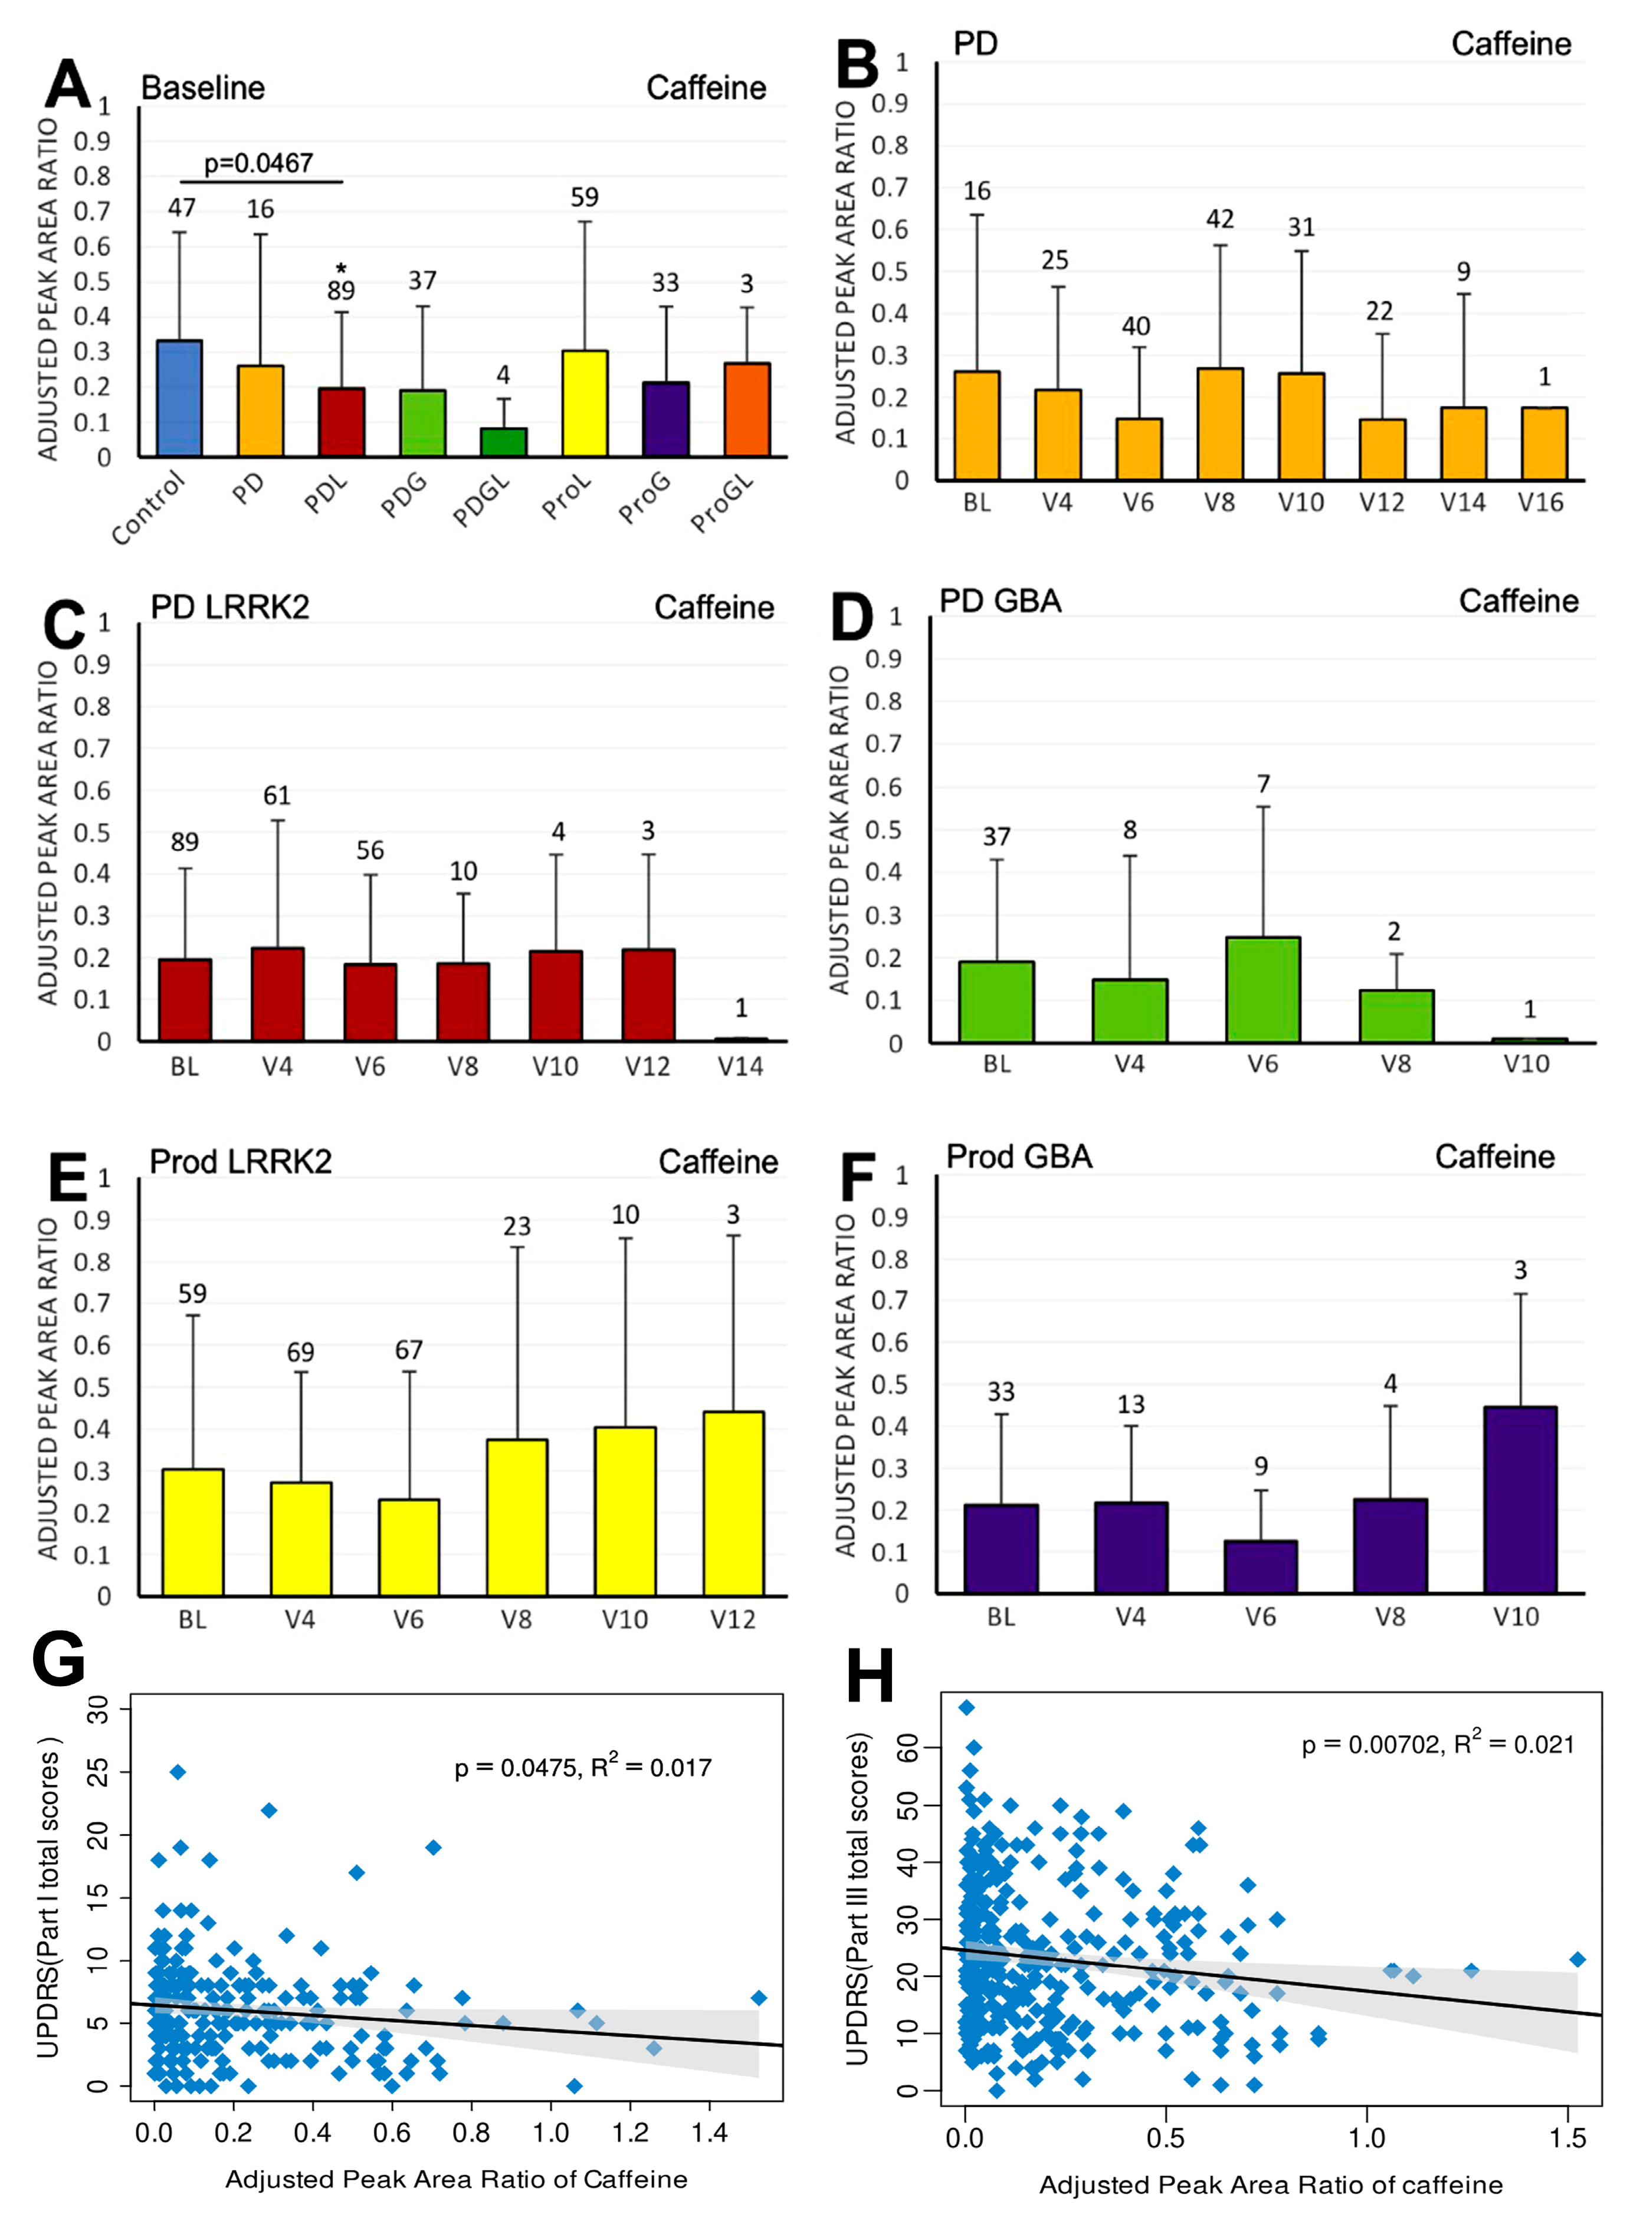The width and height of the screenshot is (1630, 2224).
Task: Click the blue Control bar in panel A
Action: click(179, 399)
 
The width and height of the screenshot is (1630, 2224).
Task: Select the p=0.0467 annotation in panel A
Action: click(258, 163)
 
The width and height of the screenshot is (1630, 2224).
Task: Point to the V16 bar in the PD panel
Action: click(1544, 444)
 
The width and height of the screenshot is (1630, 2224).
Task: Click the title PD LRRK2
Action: click(230, 606)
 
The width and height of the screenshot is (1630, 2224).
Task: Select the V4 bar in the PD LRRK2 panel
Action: click(277, 994)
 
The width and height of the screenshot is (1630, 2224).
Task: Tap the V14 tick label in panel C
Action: click(740, 1066)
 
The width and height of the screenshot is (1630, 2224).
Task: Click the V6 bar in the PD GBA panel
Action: click(1263, 989)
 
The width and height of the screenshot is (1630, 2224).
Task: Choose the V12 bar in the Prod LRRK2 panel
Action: click(733, 1503)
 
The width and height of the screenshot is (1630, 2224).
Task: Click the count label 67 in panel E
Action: click(408, 1349)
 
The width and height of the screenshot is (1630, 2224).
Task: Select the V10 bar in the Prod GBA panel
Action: click(1520, 1499)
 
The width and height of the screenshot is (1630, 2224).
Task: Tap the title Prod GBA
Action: click(1019, 1157)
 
